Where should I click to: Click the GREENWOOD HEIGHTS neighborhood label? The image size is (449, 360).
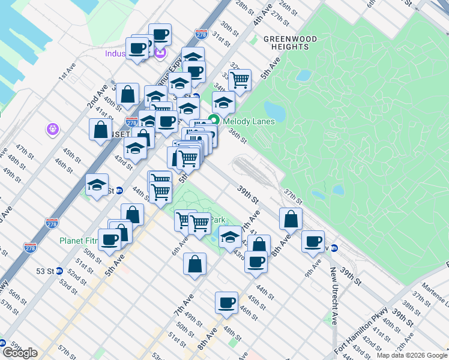tap(290, 44)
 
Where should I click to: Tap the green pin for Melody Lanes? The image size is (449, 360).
tap(213, 119)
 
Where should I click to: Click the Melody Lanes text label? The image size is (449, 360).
tap(249, 121)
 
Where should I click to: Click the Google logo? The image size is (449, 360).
tap(20, 353)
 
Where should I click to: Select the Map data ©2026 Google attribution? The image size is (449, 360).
tap(411, 355)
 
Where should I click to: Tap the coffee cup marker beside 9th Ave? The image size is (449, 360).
tap(313, 241)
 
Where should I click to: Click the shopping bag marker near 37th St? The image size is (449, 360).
tap(291, 220)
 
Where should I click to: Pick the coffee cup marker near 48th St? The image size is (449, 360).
tap(227, 303)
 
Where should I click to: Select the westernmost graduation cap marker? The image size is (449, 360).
tap(97, 185)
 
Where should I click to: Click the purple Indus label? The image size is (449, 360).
tap(114, 53)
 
